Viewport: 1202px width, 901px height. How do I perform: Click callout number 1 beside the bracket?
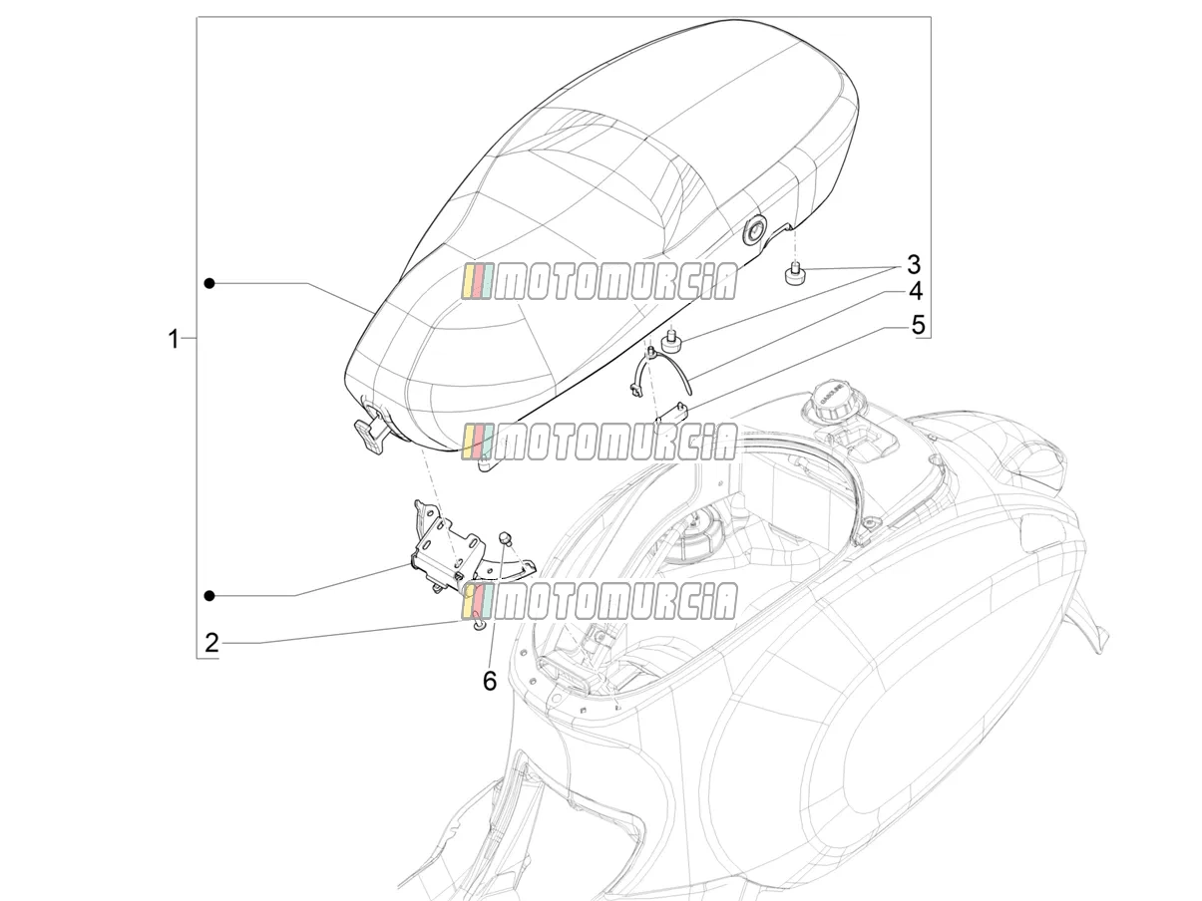[173, 339]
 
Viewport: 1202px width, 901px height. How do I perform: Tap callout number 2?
[211, 643]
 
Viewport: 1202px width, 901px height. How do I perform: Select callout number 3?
[914, 265]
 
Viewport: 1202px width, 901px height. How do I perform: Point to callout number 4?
[916, 291]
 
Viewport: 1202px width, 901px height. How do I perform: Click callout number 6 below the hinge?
[490, 681]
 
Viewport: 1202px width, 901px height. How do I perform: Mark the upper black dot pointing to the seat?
[209, 283]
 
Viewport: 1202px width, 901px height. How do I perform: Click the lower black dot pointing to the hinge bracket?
[209, 596]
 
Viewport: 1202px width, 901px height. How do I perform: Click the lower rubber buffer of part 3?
[670, 344]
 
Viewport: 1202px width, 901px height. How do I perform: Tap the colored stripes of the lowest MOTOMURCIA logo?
[478, 601]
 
